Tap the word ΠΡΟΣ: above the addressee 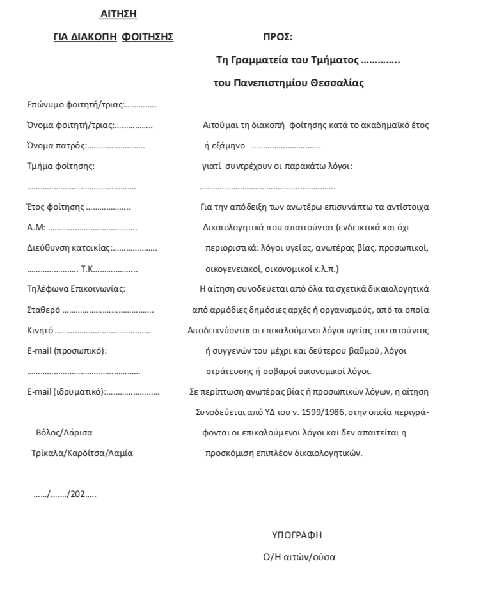click(278, 38)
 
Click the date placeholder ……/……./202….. click(65, 494)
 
